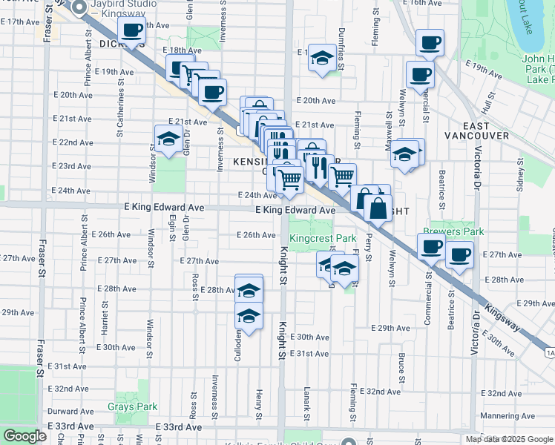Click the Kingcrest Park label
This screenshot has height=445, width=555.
tap(323, 239)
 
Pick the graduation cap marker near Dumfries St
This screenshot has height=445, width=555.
tap(321, 58)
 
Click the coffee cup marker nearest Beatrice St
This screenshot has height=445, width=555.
tap(460, 255)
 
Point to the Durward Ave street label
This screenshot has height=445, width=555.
tap(70, 410)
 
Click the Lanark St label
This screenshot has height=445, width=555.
tap(306, 397)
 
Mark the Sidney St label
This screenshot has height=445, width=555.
tap(522, 179)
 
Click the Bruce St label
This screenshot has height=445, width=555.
tap(401, 367)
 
